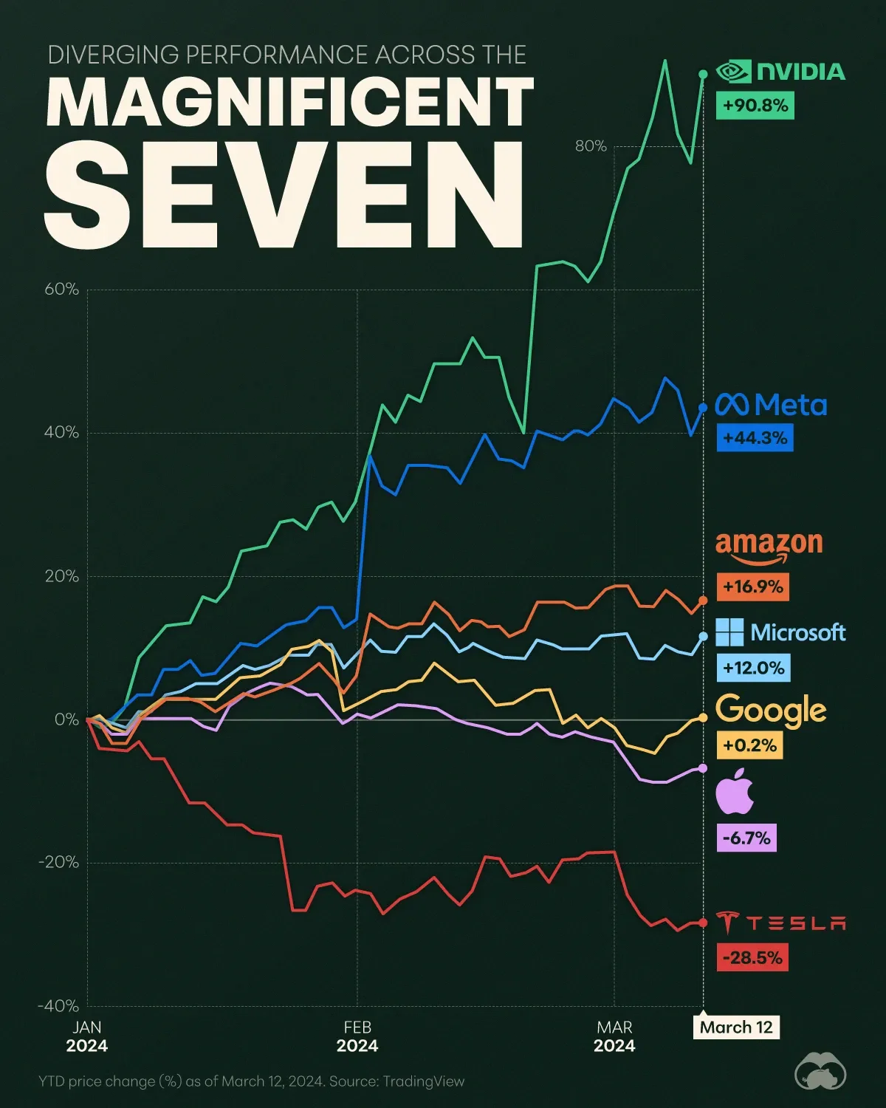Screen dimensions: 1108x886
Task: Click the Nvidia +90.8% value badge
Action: pyautogui.click(x=755, y=106)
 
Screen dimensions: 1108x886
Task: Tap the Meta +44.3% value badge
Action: pyautogui.click(x=755, y=438)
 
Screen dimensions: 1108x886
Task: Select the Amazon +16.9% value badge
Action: pyautogui.click(x=752, y=587)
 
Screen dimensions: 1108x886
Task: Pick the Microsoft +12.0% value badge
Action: pyautogui.click(x=753, y=668)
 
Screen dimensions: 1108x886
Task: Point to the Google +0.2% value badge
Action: pyautogui.click(x=749, y=745)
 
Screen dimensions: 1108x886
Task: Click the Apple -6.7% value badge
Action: pyautogui.click(x=746, y=838)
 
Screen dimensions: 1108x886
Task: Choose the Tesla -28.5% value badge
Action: pyautogui.click(x=752, y=958)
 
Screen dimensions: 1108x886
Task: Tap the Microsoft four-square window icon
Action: pyautogui.click(x=730, y=632)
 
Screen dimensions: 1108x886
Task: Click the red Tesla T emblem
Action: pyautogui.click(x=728, y=923)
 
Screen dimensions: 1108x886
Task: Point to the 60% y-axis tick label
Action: pyautogui.click(x=62, y=290)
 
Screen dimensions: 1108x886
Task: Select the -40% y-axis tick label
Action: pyautogui.click(x=58, y=1006)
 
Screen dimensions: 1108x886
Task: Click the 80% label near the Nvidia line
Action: pyautogui.click(x=591, y=146)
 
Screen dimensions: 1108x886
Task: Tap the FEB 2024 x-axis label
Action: pyautogui.click(x=357, y=1036)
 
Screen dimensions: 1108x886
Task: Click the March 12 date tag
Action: pyautogui.click(x=736, y=1027)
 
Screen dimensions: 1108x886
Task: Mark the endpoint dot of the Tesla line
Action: pyautogui.click(x=702, y=923)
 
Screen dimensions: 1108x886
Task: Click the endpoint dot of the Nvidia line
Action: pyautogui.click(x=702, y=74)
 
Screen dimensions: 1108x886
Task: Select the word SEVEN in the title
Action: pyautogui.click(x=284, y=196)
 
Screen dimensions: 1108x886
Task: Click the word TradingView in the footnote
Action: pyautogui.click(x=424, y=1081)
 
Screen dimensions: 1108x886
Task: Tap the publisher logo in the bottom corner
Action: pyautogui.click(x=820, y=1075)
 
